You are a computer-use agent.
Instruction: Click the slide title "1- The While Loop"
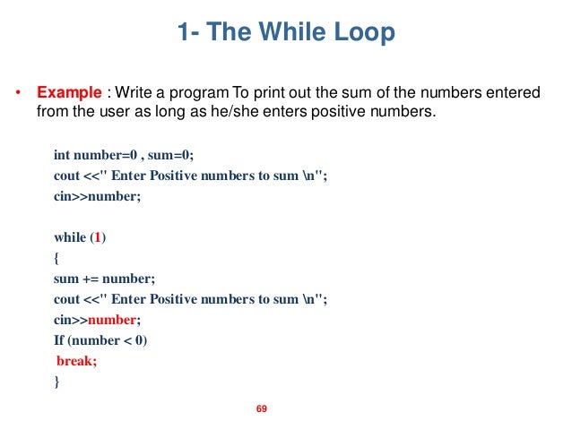click(x=286, y=35)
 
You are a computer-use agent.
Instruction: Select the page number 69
click(x=263, y=409)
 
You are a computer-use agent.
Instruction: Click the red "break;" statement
click(x=76, y=361)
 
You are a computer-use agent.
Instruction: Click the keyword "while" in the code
click(x=70, y=237)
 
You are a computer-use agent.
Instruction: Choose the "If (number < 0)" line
click(x=100, y=340)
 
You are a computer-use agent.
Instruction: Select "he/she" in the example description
click(x=226, y=112)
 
